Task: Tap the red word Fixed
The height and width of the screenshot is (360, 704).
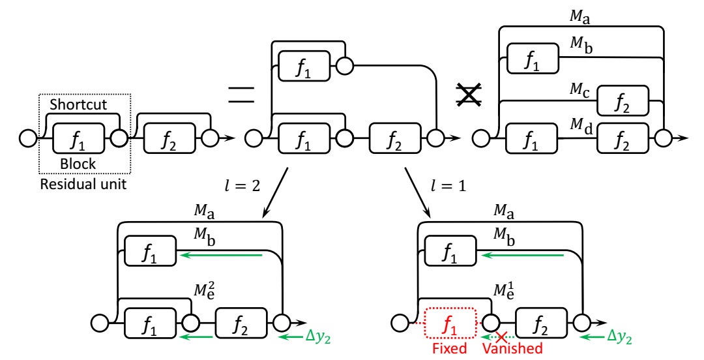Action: [x=450, y=348]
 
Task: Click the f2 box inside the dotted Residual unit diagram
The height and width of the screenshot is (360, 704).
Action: [x=169, y=138]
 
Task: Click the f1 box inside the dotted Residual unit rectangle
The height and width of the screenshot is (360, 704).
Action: [x=78, y=138]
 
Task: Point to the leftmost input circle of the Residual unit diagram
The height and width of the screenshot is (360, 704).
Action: [x=28, y=139]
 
